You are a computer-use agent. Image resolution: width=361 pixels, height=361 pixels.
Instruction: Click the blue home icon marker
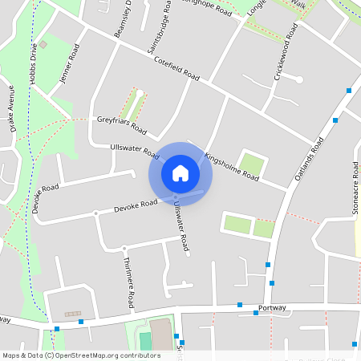pyautogui.click(x=180, y=173)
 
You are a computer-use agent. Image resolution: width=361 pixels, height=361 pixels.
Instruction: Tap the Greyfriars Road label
pyautogui.click(x=122, y=124)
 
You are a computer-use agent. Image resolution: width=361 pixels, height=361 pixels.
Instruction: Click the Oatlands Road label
pyautogui.click(x=309, y=157)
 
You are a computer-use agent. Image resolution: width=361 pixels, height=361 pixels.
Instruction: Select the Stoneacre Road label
pyautogui.click(x=354, y=189)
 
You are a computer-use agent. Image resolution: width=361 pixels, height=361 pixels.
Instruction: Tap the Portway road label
pyautogui.click(x=273, y=308)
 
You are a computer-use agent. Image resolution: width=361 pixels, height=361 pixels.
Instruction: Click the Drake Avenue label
pyautogui.click(x=11, y=108)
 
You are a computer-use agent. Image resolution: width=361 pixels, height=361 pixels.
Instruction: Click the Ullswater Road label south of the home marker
pyautogui.click(x=180, y=227)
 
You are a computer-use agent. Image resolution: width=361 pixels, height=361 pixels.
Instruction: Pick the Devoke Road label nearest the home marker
pyautogui.click(x=136, y=206)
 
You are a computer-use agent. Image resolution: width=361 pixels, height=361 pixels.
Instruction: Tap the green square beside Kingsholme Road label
pyautogui.click(x=252, y=165)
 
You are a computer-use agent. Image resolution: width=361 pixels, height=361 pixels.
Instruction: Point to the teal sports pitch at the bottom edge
pyautogui.click(x=145, y=341)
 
